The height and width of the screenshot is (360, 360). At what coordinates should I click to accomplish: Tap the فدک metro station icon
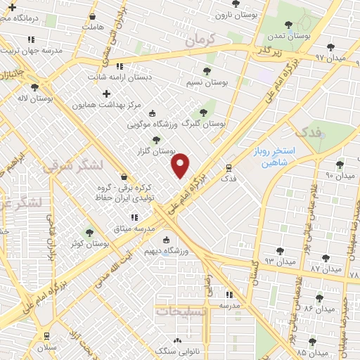pos(229,168)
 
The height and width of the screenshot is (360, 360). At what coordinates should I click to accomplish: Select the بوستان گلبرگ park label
pos(203,123)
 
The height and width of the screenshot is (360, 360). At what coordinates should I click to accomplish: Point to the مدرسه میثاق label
pos(133,229)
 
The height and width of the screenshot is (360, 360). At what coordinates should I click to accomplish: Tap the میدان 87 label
pos(325,269)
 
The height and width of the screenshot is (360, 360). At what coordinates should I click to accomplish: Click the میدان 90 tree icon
pos(340,165)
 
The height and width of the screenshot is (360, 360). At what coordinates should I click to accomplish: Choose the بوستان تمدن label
pos(290,34)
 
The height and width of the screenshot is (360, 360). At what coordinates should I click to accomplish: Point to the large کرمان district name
pos(203,41)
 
